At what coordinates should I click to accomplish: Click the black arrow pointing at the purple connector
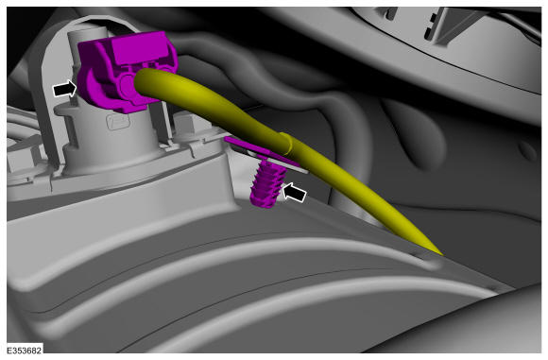coord(64,89)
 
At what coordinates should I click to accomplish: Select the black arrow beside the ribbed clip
coord(294,193)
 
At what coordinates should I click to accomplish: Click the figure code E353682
coord(25,351)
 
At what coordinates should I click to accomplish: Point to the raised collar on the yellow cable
coord(286,144)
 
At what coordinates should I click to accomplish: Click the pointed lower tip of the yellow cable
coord(441,254)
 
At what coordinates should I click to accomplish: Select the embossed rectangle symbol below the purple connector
coord(118,122)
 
